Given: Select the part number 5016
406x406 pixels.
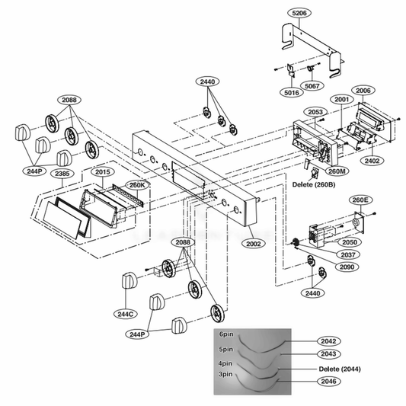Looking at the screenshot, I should [x=290, y=92].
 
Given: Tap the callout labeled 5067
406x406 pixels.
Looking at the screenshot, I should [x=312, y=86].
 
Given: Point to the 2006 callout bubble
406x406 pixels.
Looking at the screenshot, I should [x=363, y=91].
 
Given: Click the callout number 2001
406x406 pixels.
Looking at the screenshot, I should [x=340, y=100].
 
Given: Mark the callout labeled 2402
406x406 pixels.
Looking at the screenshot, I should [x=373, y=161].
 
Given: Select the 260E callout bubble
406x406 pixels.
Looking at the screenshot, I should [x=360, y=200].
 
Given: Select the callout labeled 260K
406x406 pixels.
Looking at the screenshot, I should [x=136, y=184].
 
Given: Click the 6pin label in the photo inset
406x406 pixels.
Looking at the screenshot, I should [x=225, y=334].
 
